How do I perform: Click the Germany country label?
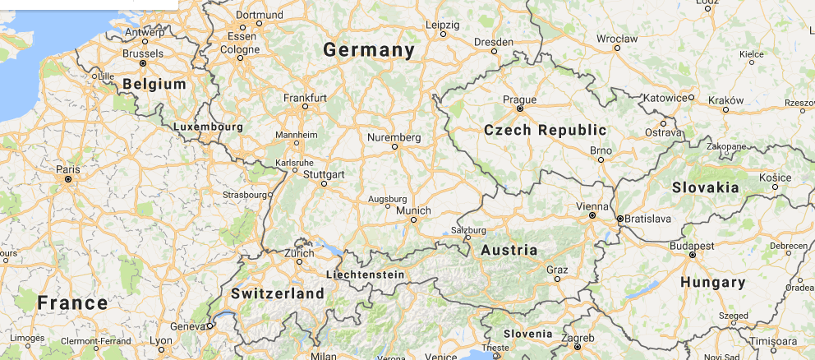point(369,50)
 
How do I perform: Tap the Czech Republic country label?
point(545,130)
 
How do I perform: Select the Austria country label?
point(509,250)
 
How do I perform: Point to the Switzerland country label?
point(278,293)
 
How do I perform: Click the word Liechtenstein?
point(365,274)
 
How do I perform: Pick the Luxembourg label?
point(209,127)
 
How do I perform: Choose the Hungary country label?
point(712,283)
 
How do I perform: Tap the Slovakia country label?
point(705,187)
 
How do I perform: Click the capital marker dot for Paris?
point(68,178)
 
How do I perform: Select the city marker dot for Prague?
point(519,108)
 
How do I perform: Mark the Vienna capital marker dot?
point(592,215)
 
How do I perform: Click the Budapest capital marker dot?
point(693,255)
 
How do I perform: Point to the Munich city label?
point(413,210)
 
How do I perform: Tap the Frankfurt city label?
point(305,98)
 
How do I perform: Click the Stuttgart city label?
point(324,174)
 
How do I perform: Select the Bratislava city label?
point(648,219)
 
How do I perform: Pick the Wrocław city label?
point(617,38)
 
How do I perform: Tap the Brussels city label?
point(142,53)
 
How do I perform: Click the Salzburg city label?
point(469,230)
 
